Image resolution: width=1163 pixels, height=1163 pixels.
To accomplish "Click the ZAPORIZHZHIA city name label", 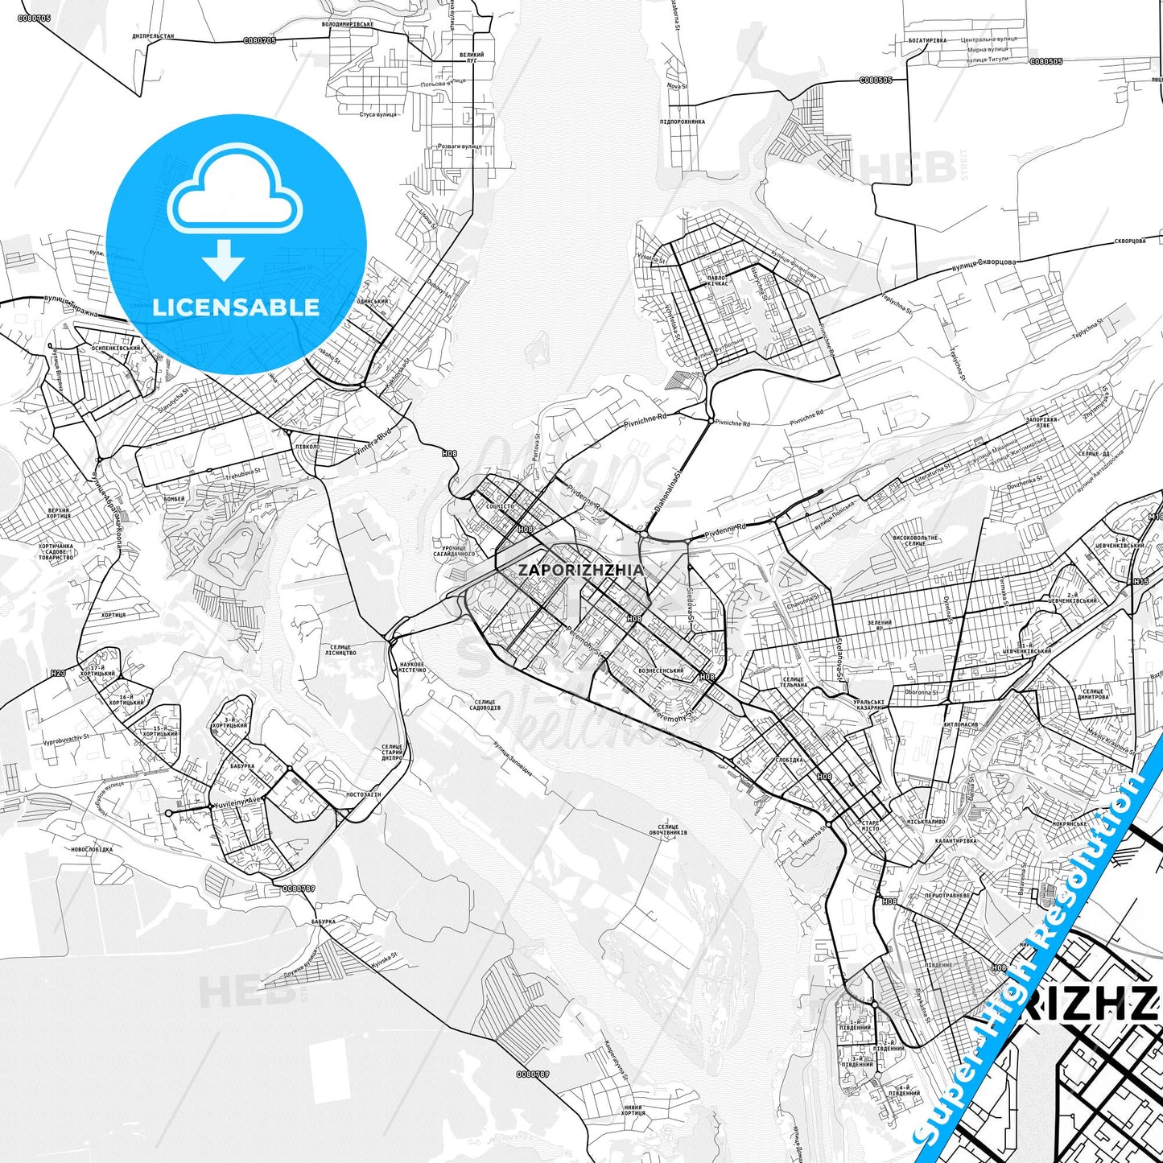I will point(580,570).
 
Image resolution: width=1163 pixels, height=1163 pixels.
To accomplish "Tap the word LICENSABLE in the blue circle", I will point(236,307).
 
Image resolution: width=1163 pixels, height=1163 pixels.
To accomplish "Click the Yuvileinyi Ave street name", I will point(238,802).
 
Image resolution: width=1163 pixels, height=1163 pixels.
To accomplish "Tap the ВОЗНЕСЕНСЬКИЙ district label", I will point(660,670).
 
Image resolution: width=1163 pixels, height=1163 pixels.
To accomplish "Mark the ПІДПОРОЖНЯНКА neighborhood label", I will point(682,122).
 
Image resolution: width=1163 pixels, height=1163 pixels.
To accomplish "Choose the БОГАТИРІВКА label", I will point(927,39).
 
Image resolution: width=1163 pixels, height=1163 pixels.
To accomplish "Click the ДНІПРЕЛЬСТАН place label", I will point(153,36).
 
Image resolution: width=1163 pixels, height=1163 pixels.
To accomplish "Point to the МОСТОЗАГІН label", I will point(363,794).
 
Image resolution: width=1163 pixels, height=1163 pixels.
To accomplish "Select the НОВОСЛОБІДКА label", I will point(92,849).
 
